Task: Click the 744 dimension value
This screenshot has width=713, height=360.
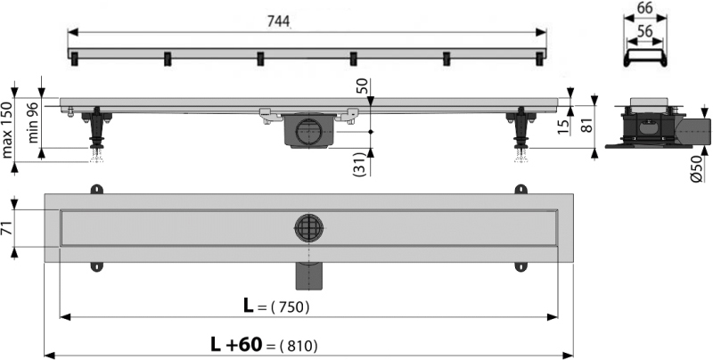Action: [x=278, y=21]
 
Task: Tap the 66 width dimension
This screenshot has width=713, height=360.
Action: [x=644, y=8]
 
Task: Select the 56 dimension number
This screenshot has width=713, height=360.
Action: [x=644, y=31]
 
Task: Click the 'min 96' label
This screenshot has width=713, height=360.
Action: [x=34, y=122]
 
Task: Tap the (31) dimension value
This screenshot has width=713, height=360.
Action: [x=360, y=165]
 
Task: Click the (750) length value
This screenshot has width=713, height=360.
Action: [x=290, y=307]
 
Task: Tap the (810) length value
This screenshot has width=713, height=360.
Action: [x=299, y=347]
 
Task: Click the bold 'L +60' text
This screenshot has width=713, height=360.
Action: [x=236, y=345]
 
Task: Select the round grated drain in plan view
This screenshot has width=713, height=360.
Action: [x=308, y=228]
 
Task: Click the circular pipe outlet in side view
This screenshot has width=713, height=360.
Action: [x=308, y=131]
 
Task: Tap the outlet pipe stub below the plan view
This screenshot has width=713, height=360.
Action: [x=308, y=276]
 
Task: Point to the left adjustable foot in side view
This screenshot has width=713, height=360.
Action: [x=96, y=134]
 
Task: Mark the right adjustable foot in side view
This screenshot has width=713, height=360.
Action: [x=521, y=134]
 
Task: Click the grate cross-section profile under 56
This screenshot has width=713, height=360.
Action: [x=645, y=58]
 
